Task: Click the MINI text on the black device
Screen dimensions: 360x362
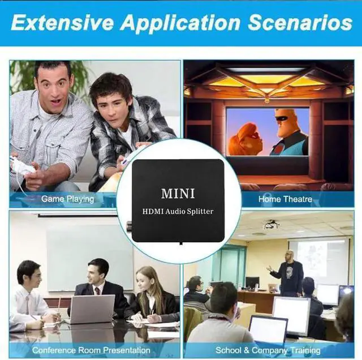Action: coord(178,194)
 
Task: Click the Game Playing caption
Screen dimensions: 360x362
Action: coord(67,199)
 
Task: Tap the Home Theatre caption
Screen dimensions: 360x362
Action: coord(285,199)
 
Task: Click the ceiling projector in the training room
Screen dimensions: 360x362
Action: coord(271,224)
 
